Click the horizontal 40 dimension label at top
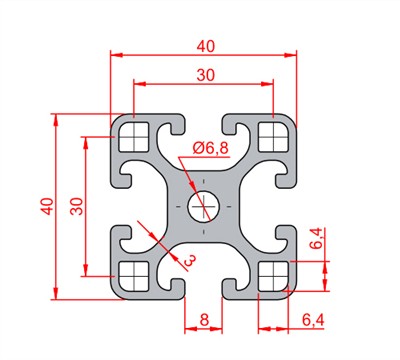click(206, 47)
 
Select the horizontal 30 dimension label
click(206, 76)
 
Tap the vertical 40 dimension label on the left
click(47, 206)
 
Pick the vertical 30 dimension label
click(76, 206)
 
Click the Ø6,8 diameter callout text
click(211, 148)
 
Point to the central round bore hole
click(204, 207)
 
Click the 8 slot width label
click(204, 320)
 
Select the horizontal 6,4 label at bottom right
click(313, 321)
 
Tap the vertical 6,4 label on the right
click(316, 238)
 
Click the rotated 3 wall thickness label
click(190, 260)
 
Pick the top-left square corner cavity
click(134, 137)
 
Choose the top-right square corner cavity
click(273, 137)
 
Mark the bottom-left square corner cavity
click(134, 276)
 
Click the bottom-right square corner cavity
click(273, 276)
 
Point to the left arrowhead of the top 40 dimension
click(117, 55)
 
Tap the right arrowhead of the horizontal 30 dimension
click(267, 84)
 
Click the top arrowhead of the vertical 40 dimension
click(56, 120)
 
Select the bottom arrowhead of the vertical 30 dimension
click(86, 270)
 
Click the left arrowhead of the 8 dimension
click(191, 329)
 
